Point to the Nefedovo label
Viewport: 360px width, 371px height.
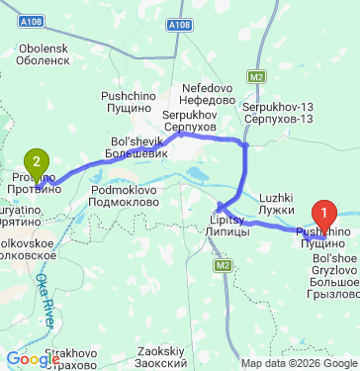pyautogui.click(x=207, y=93)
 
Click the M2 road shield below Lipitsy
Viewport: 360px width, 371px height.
pyautogui.click(x=224, y=264)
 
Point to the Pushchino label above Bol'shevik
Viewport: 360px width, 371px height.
pyautogui.click(x=125, y=102)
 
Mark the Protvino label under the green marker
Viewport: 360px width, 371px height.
pyautogui.click(x=36, y=183)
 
